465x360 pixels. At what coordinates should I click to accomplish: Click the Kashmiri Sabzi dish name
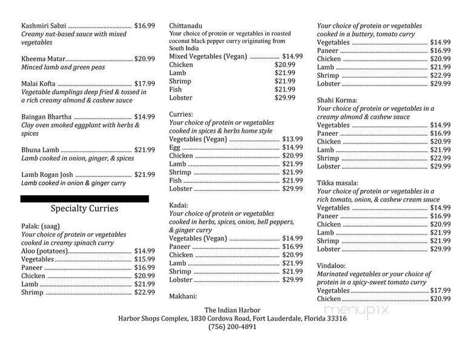coord(43,26)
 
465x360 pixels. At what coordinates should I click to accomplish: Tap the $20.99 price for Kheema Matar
coord(144,59)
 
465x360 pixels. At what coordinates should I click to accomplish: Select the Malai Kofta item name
coord(38,84)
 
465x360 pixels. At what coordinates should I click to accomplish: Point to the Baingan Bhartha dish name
coord(46,116)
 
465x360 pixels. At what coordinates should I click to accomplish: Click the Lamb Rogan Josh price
coord(144,175)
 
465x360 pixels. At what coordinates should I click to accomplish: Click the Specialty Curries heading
coord(84,208)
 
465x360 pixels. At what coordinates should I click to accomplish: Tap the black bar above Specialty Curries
coord(84,198)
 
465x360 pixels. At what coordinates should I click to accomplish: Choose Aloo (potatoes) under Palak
coord(44,251)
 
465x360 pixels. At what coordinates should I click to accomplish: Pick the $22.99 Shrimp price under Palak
coord(144,292)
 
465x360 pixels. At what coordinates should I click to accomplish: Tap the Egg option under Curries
coord(174,147)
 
